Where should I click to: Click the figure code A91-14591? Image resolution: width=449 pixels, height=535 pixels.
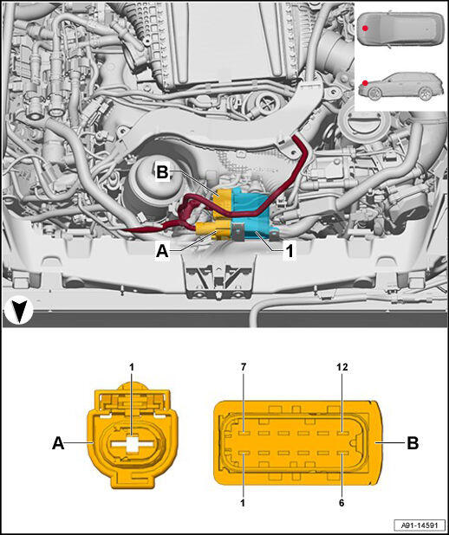point(420,525)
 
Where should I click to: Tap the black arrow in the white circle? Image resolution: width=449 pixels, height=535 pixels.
point(18,311)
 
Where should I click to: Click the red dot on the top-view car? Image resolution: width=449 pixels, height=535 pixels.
point(365,29)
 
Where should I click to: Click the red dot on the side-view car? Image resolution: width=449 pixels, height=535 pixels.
point(365,83)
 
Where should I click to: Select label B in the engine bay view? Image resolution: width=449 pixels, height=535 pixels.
point(162,172)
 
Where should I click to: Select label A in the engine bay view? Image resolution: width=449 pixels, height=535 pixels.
point(162,252)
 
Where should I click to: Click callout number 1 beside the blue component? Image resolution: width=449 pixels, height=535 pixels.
point(290,252)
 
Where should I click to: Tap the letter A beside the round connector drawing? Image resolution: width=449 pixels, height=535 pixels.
point(58,443)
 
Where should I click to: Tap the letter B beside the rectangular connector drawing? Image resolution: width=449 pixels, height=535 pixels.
point(413,443)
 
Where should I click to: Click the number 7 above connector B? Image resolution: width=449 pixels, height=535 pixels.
point(244,367)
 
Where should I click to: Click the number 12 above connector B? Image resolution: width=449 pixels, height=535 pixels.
point(342,367)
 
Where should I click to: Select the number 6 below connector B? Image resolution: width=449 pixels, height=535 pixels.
point(342,503)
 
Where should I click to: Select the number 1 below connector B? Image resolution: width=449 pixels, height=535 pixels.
point(243,503)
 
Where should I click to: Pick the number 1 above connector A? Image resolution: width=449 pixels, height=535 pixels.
point(132,367)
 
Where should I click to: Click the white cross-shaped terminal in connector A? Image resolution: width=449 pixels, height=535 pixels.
point(132,444)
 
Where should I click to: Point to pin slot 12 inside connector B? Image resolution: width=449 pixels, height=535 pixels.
point(342,434)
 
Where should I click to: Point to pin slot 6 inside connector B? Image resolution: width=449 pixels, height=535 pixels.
point(342,454)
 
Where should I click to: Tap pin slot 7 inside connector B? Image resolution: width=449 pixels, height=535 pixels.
point(244,434)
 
